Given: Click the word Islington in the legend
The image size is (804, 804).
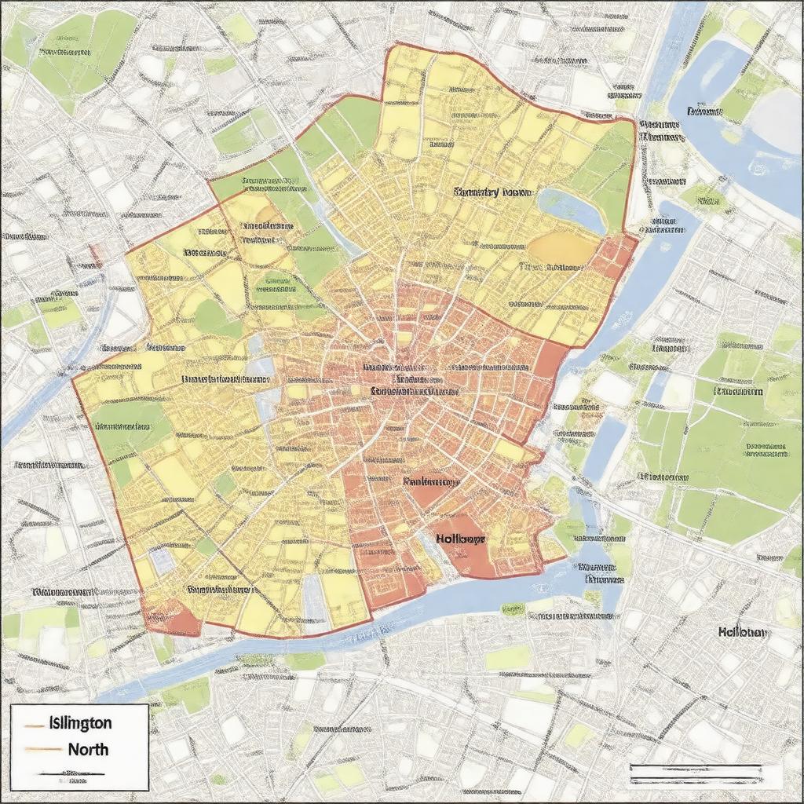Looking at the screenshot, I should tap(79, 722).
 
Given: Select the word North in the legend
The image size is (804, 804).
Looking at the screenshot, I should tap(88, 749).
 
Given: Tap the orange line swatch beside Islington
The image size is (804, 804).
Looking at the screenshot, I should tap(33, 723).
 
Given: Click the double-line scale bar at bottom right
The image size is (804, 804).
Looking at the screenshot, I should tap(695, 773).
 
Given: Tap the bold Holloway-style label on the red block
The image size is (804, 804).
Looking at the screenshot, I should tap(459, 539).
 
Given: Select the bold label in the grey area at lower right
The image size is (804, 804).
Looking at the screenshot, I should tap(744, 632).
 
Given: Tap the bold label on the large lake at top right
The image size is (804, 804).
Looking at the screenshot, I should tap(704, 111).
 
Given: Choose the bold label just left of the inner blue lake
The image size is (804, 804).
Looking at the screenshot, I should tap(492, 192).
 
